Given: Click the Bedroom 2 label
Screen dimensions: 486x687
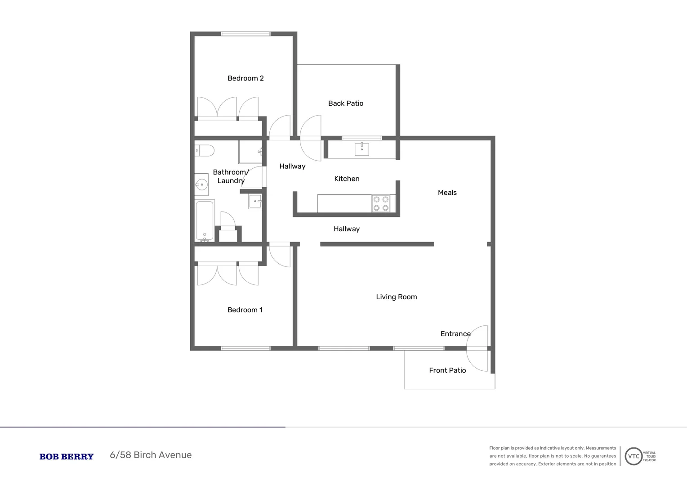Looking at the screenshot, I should click(245, 78).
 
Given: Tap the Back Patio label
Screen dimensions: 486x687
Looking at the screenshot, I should click(346, 103).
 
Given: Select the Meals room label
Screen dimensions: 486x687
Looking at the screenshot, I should click(447, 193).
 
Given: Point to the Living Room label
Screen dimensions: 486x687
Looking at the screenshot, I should click(397, 297).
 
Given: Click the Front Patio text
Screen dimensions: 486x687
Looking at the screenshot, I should click(447, 370).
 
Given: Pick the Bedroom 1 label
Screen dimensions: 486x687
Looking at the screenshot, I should click(245, 310).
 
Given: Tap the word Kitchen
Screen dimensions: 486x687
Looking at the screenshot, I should click(347, 179).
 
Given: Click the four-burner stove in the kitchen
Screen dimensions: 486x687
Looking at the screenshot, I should click(381, 203).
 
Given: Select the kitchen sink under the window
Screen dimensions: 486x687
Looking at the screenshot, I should click(362, 149).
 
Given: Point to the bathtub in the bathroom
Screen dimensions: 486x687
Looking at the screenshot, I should click(205, 220).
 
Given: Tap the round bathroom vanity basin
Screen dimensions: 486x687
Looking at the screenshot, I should click(201, 184).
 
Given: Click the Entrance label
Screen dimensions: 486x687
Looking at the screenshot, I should click(455, 334).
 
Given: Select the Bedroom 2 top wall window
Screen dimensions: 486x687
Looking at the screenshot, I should click(245, 34).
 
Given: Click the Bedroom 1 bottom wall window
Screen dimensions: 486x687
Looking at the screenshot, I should click(245, 348).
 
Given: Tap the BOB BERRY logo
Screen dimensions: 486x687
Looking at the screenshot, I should click(67, 457).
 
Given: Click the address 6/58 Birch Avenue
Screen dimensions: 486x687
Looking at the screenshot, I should click(151, 455).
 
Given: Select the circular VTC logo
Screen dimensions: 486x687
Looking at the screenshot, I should click(633, 456).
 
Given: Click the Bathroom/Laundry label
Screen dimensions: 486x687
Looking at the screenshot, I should click(231, 176).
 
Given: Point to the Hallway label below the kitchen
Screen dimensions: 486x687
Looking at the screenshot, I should click(347, 229).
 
